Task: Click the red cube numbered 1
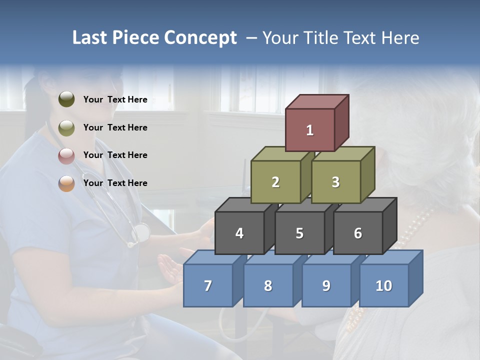pyautogui.click(x=310, y=130)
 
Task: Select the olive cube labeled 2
pyautogui.click(x=275, y=182)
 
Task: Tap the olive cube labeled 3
pyautogui.click(x=335, y=182)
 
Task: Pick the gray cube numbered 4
pyautogui.click(x=239, y=233)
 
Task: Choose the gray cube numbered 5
pyautogui.click(x=299, y=233)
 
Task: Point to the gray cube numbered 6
pyautogui.click(x=358, y=233)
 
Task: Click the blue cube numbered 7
pyautogui.click(x=208, y=285)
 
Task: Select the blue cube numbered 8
pyautogui.click(x=268, y=285)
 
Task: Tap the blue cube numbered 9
pyautogui.click(x=326, y=285)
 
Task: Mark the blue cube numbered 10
pyautogui.click(x=383, y=285)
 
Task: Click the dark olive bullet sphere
pyautogui.click(x=66, y=99)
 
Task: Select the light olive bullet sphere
pyautogui.click(x=66, y=128)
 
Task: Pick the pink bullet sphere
pyautogui.click(x=66, y=155)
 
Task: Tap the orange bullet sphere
pyautogui.click(x=66, y=183)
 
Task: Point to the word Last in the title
pyautogui.click(x=92, y=38)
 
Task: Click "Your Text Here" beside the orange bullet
pyautogui.click(x=115, y=183)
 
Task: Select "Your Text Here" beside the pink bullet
pyautogui.click(x=115, y=155)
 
